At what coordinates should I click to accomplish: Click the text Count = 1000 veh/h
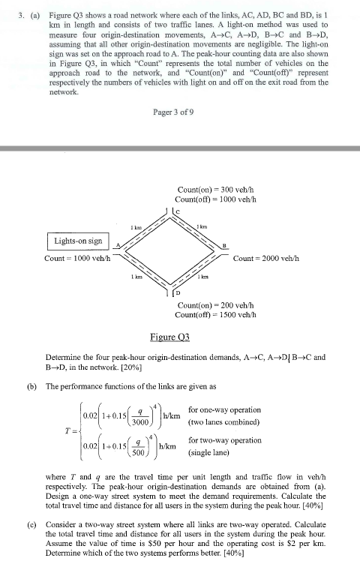click(x=77, y=259)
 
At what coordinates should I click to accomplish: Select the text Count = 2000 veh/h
click(x=267, y=259)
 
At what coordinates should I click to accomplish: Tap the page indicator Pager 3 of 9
click(x=174, y=112)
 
